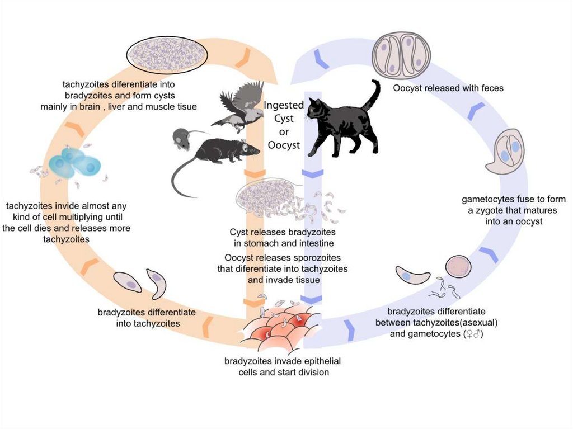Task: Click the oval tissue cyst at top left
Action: pos(167,55)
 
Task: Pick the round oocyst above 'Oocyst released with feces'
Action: pos(401,55)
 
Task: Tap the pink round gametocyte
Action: pos(458,266)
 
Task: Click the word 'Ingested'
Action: pos(284,105)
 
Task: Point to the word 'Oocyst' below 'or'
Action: pos(284,145)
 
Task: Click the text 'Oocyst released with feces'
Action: pos(448,88)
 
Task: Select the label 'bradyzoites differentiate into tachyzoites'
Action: pos(147,317)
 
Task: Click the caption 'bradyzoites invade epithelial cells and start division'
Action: pos(282,366)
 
